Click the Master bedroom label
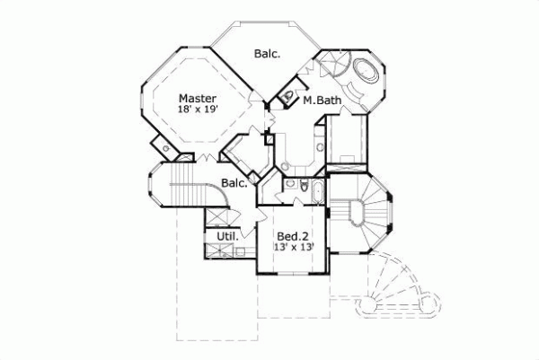(195, 98)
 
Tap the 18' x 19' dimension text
(198, 110)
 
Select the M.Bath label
(321, 101)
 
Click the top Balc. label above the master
(267, 54)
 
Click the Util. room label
(226, 238)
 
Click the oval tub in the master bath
(366, 71)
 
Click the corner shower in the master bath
(332, 67)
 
